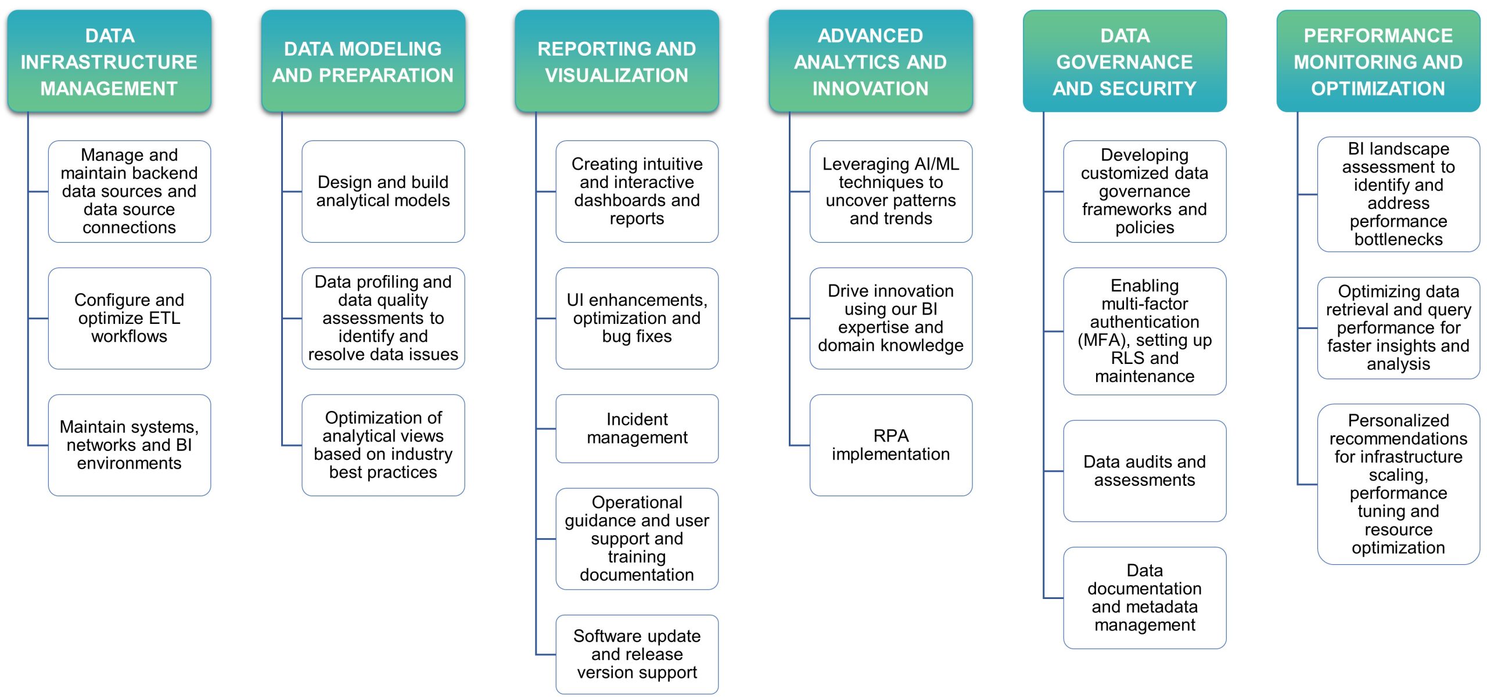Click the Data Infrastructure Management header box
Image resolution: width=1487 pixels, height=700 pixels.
coord(109,61)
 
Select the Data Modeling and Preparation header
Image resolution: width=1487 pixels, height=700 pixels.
coord(363,61)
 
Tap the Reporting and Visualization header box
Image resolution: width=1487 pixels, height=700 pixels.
coord(617,61)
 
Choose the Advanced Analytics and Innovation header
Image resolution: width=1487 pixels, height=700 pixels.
coord(871,61)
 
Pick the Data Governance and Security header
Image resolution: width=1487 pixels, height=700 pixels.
coord(1125,61)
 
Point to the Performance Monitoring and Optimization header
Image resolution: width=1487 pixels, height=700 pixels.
coord(1378,61)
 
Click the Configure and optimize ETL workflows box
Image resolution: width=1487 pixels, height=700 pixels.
coord(130,318)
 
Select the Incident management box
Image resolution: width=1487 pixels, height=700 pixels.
coord(637,428)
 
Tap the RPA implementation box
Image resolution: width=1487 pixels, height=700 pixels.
coord(891,445)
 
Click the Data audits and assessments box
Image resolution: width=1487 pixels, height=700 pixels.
coord(1145,471)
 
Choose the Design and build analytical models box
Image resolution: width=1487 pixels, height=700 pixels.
coord(383,192)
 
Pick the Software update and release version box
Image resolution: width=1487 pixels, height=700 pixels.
coord(637,654)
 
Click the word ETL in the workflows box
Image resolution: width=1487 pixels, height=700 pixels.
coord(163,318)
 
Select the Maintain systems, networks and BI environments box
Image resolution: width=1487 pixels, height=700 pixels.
coord(130,445)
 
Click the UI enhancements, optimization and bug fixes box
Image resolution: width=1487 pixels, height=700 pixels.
coord(637,318)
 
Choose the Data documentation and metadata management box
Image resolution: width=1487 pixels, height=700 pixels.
coord(1145,598)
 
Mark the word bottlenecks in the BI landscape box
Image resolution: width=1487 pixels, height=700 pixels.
coord(1399,239)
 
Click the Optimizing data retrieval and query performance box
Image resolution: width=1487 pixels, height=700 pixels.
coord(1399,328)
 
